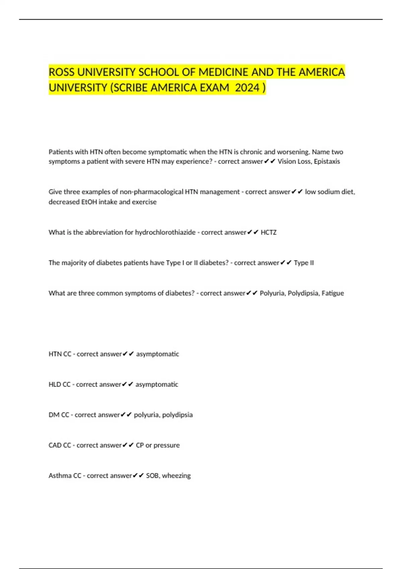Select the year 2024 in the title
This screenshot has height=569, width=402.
pyautogui.click(x=247, y=88)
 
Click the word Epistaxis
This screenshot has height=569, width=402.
pyautogui.click(x=327, y=161)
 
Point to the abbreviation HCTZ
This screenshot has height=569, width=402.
pyautogui.click(x=268, y=232)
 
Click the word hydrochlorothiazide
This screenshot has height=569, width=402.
pyautogui.click(x=165, y=232)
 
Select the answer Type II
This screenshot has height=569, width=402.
pyautogui.click(x=304, y=263)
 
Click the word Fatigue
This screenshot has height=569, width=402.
pyautogui.click(x=332, y=293)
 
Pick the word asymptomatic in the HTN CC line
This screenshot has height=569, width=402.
pyautogui.click(x=157, y=354)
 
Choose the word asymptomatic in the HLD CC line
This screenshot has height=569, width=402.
pyautogui.click(x=157, y=385)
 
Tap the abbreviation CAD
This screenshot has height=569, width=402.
pyautogui.click(x=55, y=445)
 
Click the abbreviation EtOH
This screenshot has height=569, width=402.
pyautogui.click(x=89, y=202)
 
